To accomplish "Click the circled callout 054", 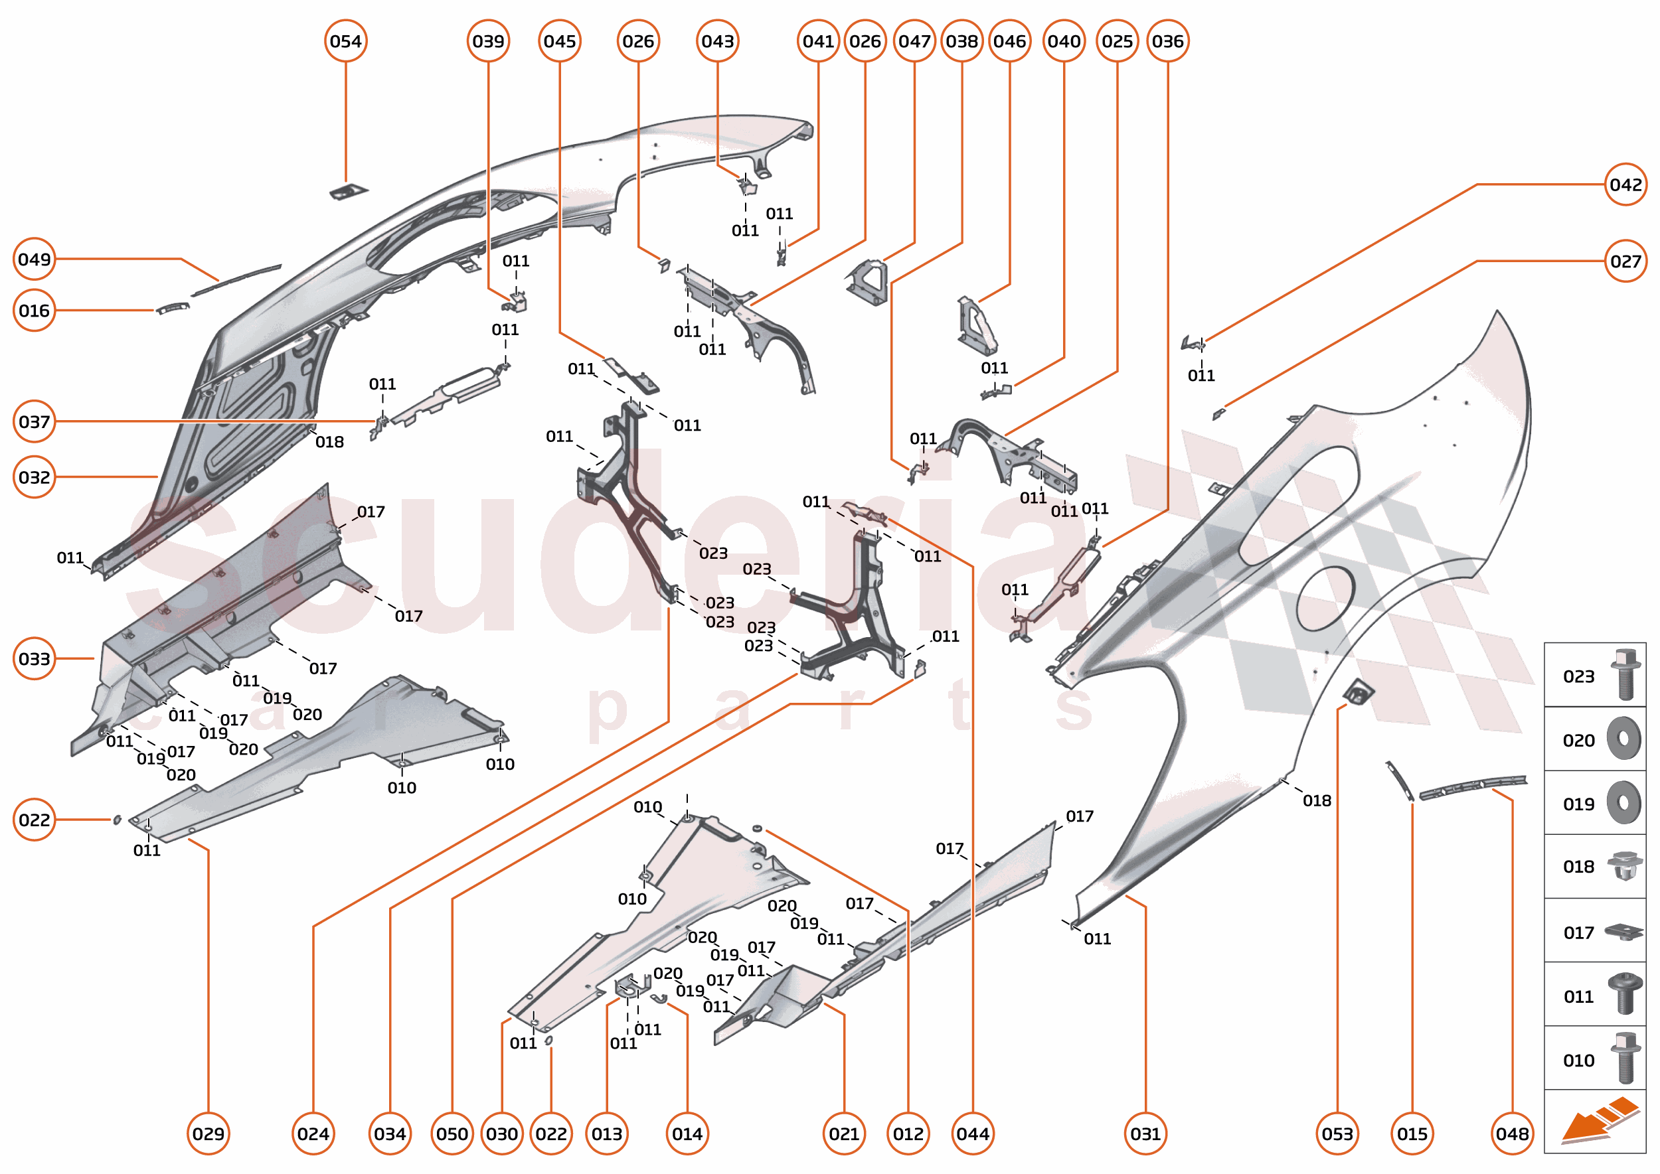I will click(x=346, y=41).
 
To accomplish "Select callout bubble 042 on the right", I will click(x=1625, y=184).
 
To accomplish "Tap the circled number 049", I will click(x=34, y=259).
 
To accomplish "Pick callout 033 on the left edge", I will click(x=34, y=658).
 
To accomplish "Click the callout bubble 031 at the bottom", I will click(x=1145, y=1134).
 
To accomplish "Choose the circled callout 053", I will click(x=1337, y=1134).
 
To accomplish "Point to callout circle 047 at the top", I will click(x=914, y=41).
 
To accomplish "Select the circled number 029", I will click(x=208, y=1134).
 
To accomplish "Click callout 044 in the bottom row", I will click(x=973, y=1134).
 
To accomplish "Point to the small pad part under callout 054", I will click(x=349, y=192).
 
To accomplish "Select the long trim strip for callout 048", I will click(x=1472, y=786).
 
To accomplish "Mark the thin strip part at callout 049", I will click(x=236, y=281).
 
